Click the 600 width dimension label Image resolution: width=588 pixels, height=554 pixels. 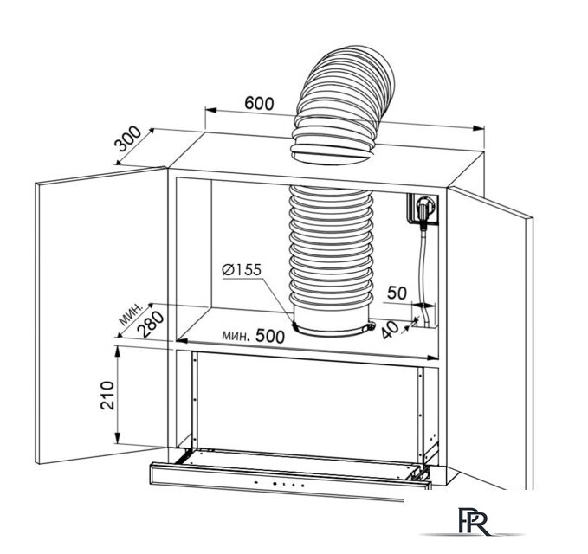(259, 103)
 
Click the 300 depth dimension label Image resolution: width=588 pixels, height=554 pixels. (128, 138)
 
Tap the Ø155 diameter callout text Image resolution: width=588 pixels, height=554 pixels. (241, 269)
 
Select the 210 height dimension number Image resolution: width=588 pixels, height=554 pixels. (107, 395)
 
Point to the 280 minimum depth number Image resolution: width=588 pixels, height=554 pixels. (151, 325)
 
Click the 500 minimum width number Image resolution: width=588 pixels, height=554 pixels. (270, 336)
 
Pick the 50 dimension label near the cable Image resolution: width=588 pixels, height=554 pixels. (397, 293)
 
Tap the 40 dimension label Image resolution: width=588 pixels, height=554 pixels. (390, 329)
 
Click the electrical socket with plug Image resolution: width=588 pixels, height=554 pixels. (423, 209)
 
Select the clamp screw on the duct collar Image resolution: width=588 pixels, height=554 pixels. (371, 326)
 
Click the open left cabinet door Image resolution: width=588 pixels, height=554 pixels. (101, 315)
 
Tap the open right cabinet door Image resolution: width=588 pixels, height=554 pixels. (491, 338)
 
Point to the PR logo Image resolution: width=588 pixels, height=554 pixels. (474, 521)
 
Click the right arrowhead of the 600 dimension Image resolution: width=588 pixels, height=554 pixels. (479, 128)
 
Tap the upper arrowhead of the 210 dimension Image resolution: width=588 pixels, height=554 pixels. (118, 352)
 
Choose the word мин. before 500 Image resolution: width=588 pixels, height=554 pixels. (236, 335)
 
